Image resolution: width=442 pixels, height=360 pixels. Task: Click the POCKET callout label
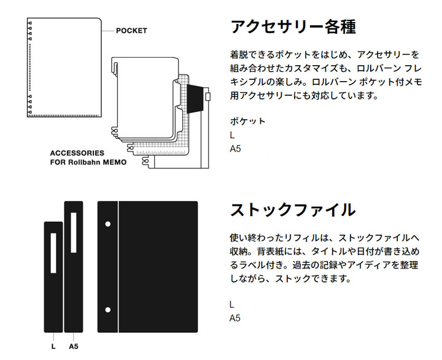[x=132, y=31]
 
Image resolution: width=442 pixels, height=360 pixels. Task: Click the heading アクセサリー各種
[x=293, y=28]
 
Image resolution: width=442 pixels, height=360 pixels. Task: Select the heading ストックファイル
[x=293, y=209]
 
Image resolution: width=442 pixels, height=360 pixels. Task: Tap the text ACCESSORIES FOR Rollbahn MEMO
[x=88, y=158]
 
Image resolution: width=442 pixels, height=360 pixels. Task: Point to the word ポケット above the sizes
[x=247, y=121]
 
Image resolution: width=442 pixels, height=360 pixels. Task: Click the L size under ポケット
[x=233, y=135]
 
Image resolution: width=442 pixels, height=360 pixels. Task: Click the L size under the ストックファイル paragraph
[x=232, y=305]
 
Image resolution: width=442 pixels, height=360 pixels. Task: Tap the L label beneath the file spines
[x=53, y=346]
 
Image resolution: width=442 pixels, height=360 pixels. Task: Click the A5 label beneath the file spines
[x=73, y=346]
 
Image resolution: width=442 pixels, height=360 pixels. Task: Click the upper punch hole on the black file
[x=108, y=225]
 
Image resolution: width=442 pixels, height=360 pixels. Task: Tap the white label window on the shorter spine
[x=53, y=252]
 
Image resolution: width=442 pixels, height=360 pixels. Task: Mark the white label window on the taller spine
[x=73, y=232]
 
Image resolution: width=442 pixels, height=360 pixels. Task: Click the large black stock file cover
[x=157, y=267]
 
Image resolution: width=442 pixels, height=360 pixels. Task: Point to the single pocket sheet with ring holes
[x=64, y=68]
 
